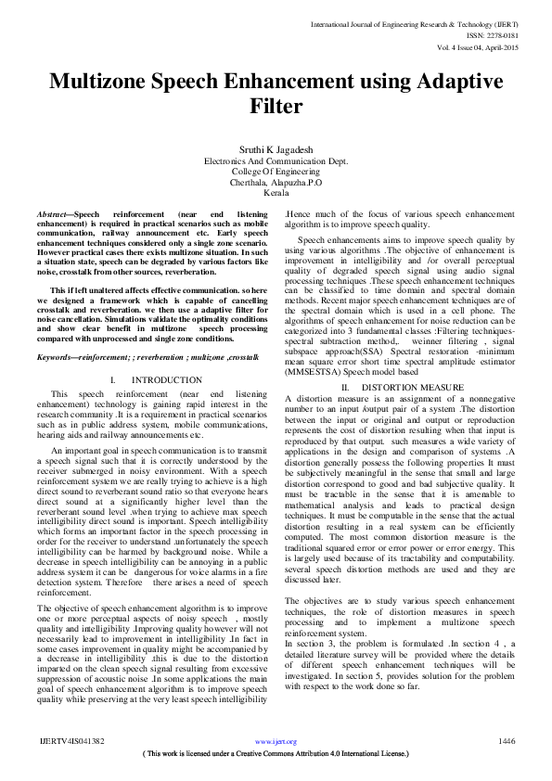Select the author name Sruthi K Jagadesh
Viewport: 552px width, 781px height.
point(276,148)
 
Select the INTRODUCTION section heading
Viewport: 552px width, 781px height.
point(167,380)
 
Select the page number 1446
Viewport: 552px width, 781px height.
point(507,741)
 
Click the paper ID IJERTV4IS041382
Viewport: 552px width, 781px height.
point(72,742)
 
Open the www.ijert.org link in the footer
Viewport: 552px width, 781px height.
point(276,742)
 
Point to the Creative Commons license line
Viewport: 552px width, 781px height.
point(276,754)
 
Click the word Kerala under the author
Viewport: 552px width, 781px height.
point(276,194)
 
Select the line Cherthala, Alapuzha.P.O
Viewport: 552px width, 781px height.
point(276,183)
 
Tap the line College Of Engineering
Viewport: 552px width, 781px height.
point(276,172)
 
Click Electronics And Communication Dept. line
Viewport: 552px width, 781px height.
point(276,160)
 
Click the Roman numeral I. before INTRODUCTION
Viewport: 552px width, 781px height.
point(112,380)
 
